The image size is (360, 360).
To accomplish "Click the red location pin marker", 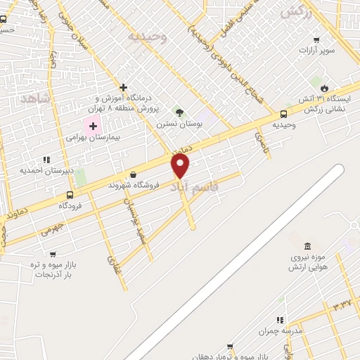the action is coord(181,166).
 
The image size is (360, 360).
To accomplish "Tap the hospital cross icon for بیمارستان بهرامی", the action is coord(93,126).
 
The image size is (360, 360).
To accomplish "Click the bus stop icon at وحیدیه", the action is coord(283,114).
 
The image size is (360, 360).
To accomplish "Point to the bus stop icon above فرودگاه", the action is coord(70,195).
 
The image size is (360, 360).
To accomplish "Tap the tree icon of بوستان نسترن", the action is coord(179,112).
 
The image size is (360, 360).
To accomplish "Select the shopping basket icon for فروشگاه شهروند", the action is coord(133,175).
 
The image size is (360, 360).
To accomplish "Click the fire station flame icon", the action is coord(323,88).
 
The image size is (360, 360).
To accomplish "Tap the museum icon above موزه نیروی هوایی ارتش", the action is coord(307,245).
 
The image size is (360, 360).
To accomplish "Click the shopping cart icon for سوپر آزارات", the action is coord(317,39).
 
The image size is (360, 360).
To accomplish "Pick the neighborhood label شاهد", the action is coord(35,98).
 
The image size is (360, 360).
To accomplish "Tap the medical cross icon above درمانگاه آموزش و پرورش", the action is coord(123,88).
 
